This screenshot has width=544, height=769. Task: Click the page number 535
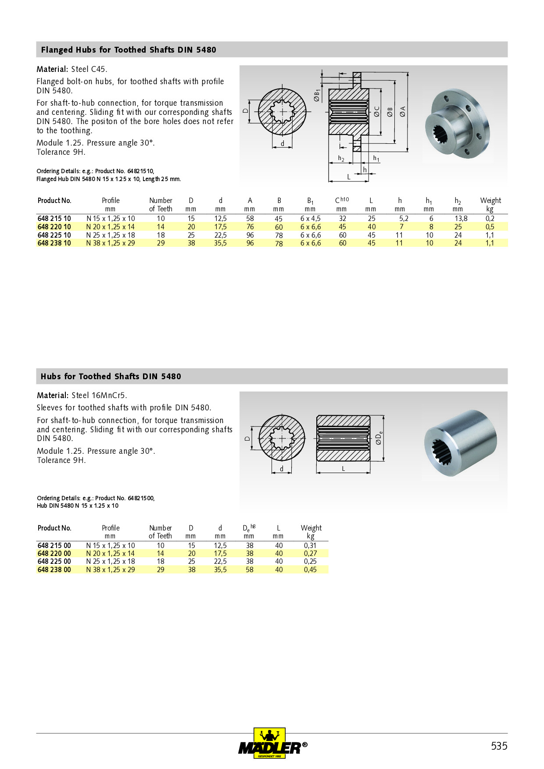pos(499,746)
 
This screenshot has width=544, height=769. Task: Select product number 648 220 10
pos(54,227)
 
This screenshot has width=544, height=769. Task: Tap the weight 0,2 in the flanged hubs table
pos(490,218)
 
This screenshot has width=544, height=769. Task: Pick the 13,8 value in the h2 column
pos(461,218)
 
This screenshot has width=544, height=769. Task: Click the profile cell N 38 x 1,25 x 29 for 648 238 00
pos(111,570)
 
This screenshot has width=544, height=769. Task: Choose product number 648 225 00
pos(54,561)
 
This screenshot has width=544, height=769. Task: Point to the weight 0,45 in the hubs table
pos(310,570)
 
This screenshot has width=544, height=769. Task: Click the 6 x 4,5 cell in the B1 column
pos(310,218)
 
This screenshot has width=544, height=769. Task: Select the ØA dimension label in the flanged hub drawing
pos(402,111)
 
